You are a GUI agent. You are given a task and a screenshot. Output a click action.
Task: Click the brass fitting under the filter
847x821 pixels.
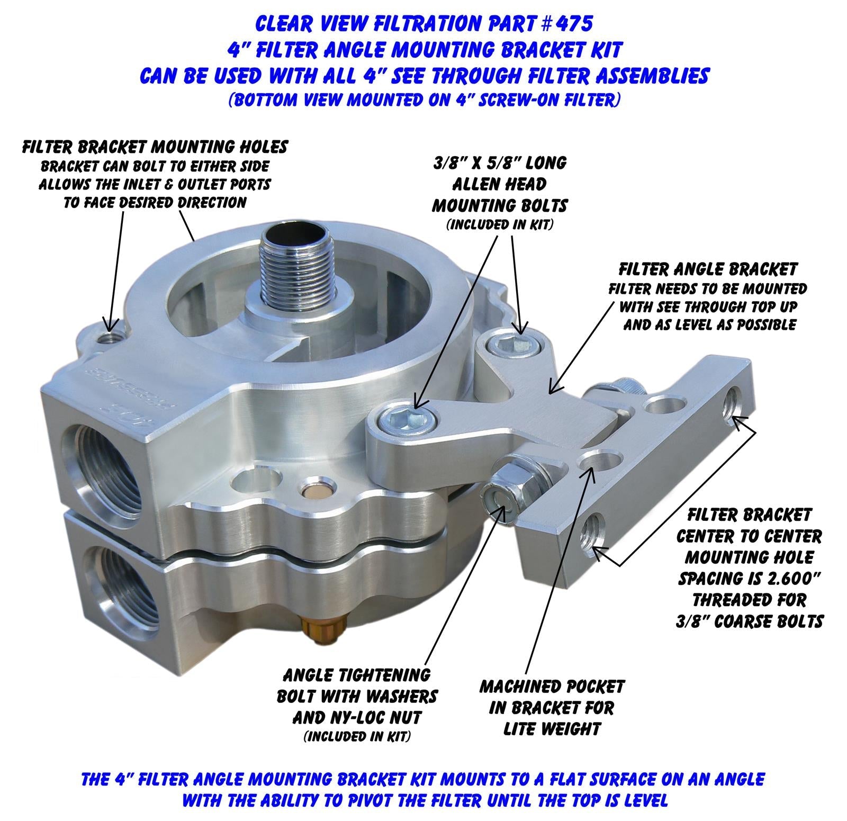pyautogui.click(x=324, y=633)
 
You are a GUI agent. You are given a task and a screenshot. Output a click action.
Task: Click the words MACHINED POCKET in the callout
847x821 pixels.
pyautogui.click(x=552, y=687)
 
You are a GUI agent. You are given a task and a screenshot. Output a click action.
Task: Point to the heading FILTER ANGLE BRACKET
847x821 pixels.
pyautogui.click(x=708, y=269)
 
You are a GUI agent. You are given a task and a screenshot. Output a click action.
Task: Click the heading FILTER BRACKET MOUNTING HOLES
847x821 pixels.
pyautogui.click(x=155, y=147)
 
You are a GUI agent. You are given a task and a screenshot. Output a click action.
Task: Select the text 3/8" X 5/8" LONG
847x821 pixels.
pyautogui.click(x=499, y=163)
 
